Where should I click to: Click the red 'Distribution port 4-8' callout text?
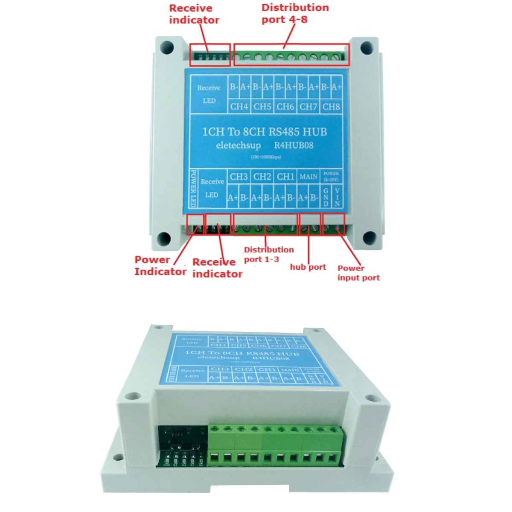point(295,14)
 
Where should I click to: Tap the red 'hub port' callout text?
point(308,267)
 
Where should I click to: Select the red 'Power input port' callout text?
point(358,273)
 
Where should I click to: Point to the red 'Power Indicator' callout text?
point(160,265)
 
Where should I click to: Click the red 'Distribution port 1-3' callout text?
point(268,254)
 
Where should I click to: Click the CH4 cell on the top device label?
point(239,106)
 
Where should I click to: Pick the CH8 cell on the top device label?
point(331,106)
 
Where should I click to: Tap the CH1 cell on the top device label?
point(285,176)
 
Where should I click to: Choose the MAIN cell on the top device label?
point(308,176)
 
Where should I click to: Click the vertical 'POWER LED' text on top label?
point(193,188)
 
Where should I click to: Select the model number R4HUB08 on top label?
point(294,145)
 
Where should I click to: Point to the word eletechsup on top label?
point(238,145)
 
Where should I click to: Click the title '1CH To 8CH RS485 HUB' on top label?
point(265,131)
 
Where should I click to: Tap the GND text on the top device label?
point(326,198)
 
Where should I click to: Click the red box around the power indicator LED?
point(195,224)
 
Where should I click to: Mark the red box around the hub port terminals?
point(310,224)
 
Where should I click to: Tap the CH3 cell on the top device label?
point(239,176)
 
